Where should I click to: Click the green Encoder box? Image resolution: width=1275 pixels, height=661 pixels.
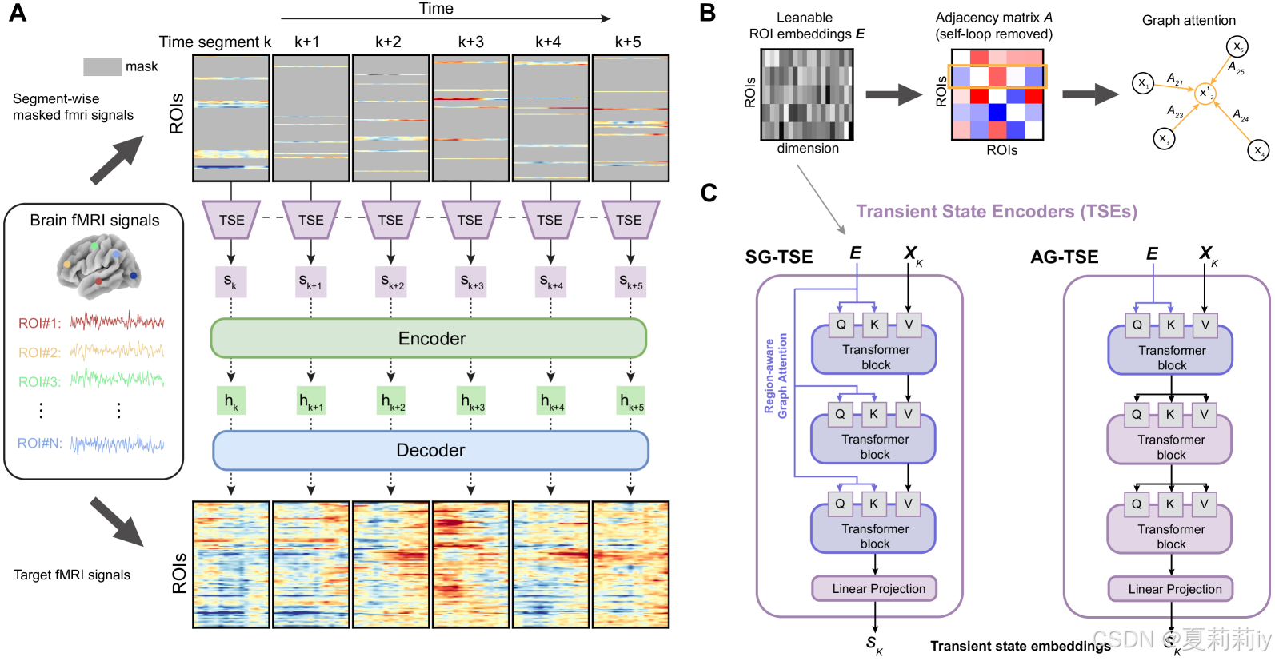429,338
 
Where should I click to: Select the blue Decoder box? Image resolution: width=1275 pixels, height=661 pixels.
430,450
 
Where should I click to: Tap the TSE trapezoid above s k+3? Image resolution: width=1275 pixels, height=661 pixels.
470,220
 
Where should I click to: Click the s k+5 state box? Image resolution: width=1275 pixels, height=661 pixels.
630,281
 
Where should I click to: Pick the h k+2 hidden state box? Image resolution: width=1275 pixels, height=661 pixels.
391,400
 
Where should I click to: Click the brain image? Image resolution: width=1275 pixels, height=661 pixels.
98,267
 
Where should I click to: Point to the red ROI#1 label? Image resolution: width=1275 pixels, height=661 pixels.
39,323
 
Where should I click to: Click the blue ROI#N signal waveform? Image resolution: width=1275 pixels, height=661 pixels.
117,444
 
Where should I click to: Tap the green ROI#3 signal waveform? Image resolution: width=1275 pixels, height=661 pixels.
117,379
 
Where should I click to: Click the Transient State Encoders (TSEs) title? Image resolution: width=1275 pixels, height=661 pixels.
996,212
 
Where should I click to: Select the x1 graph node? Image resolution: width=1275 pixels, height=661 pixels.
1143,83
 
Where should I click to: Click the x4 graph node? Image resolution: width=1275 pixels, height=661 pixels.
1258,150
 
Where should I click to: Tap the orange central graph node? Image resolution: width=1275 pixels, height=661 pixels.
1205,94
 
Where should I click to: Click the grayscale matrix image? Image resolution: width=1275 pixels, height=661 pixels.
806,94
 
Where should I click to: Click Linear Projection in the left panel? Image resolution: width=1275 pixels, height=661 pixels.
878,588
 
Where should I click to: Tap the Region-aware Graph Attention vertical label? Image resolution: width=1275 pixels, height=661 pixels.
776,376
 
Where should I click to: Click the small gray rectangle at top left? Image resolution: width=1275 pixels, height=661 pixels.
102,67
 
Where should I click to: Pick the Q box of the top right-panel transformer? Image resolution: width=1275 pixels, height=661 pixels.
1137,325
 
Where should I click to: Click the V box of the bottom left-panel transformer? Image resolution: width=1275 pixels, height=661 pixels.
908,504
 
